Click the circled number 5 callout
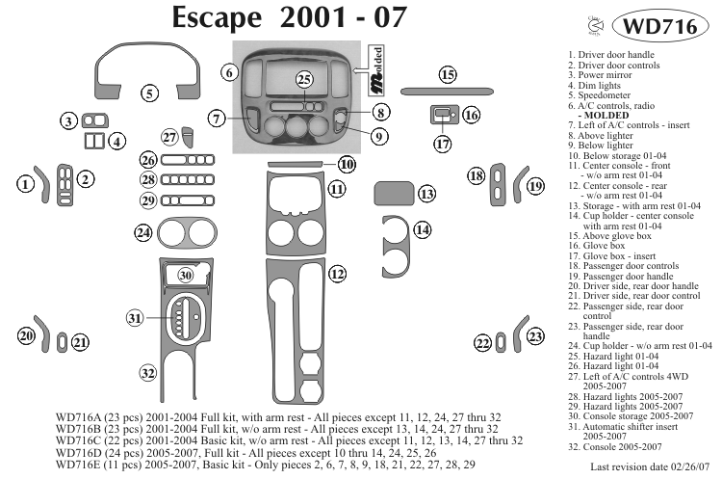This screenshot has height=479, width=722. pyautogui.click(x=149, y=93)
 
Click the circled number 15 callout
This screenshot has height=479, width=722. pyautogui.click(x=447, y=74)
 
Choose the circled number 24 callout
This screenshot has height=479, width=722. pyautogui.click(x=144, y=232)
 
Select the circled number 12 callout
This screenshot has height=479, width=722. pyautogui.click(x=336, y=274)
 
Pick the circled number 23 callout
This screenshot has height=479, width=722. pyautogui.click(x=535, y=335)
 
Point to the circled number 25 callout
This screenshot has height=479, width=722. pyautogui.click(x=304, y=78)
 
